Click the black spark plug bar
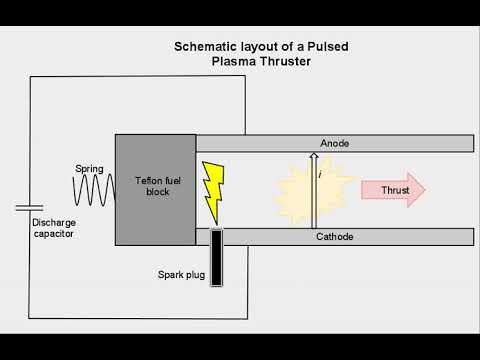[x=216, y=256]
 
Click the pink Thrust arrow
[x=393, y=191]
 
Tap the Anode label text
[x=334, y=144]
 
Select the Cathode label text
[x=335, y=237]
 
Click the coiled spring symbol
[x=94, y=190]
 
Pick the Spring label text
[x=91, y=168]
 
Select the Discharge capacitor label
[x=53, y=228]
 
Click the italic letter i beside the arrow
[x=319, y=174]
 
